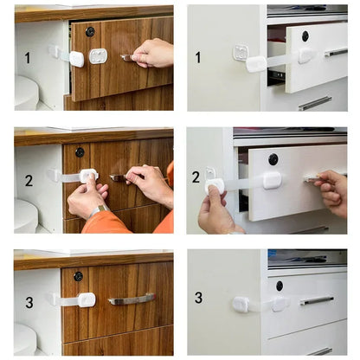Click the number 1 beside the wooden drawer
click(27, 58)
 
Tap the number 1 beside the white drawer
click(198, 57)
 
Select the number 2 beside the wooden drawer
click(28, 181)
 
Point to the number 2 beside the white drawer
click(196, 177)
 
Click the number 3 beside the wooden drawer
click(28, 303)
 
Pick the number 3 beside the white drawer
click(198, 297)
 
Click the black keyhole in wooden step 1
click(90, 31)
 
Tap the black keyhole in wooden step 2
click(80, 152)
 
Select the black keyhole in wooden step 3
click(78, 276)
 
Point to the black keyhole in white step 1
click(305, 35)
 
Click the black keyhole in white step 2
click(273, 159)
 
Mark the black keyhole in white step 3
click(279, 286)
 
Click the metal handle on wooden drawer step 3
click(132, 299)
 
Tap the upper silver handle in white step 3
click(317, 301)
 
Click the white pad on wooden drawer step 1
click(99, 56)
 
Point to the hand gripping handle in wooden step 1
click(153, 54)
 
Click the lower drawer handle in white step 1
click(315, 103)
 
